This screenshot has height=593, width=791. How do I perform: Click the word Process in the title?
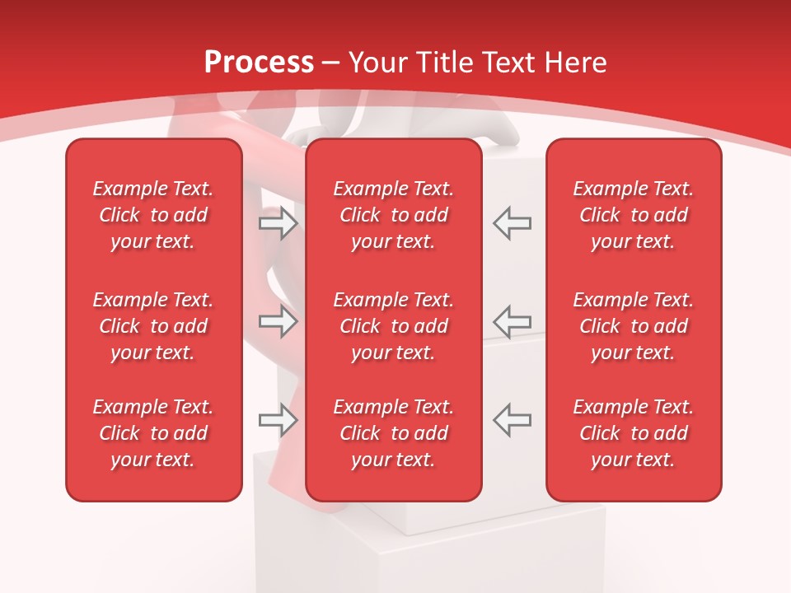(x=259, y=63)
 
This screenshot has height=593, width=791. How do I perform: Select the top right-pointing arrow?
(x=278, y=223)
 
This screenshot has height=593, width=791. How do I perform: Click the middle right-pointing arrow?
(x=278, y=321)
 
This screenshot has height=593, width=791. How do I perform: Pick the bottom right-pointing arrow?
(x=278, y=420)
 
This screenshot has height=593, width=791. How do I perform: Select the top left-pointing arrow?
(x=512, y=223)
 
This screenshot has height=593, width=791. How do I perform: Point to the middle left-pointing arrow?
(x=512, y=321)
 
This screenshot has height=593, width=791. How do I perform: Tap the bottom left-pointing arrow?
(x=512, y=420)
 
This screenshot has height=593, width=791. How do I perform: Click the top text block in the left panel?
(x=153, y=215)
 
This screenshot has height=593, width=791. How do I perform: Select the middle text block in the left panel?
(x=153, y=326)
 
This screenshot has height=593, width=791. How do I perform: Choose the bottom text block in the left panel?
(x=153, y=433)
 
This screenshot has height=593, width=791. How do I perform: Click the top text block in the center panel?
(x=393, y=215)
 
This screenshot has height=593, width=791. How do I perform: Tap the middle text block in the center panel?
(x=393, y=326)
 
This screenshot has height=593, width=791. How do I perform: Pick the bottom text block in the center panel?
(x=393, y=433)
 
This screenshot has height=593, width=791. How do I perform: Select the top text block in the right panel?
(x=634, y=215)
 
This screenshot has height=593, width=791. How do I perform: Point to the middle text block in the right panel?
(x=634, y=326)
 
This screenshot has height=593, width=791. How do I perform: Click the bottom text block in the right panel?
(x=634, y=433)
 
